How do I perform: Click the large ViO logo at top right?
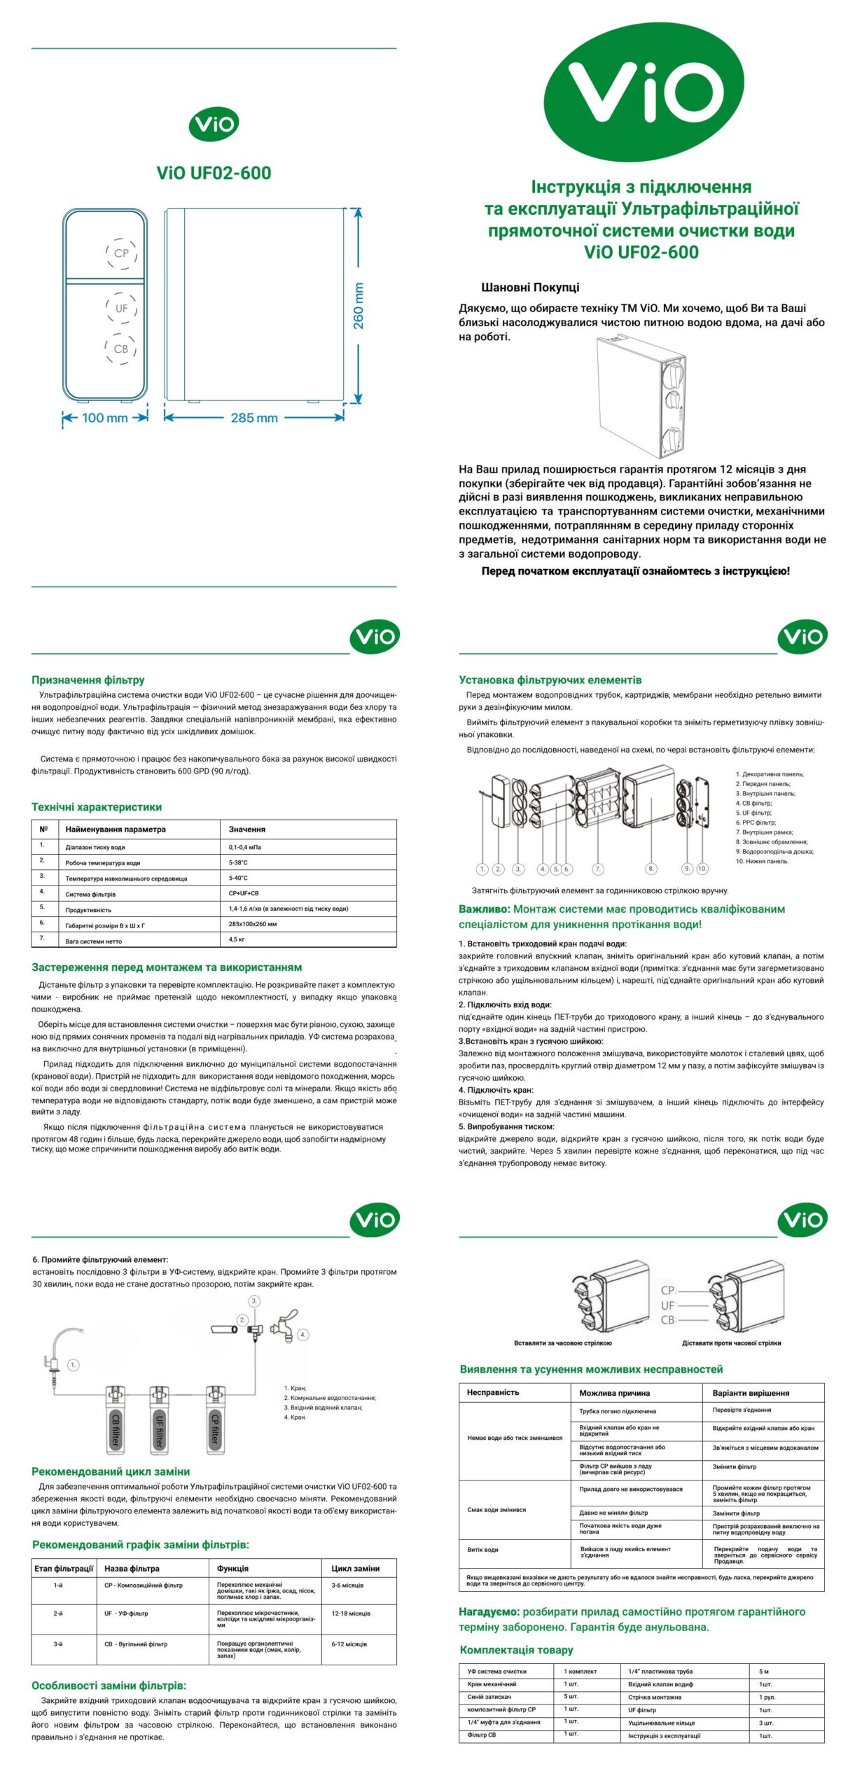pos(644,92)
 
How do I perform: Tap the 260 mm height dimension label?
pos(359,306)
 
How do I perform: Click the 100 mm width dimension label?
pos(105,418)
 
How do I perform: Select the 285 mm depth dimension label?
pos(254,418)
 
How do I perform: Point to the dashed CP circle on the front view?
pos(121,253)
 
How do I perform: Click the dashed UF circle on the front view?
pos(121,308)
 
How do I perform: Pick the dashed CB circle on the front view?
pos(120,349)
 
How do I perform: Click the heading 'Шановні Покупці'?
pos(530,287)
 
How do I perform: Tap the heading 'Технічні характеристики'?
pos(97,807)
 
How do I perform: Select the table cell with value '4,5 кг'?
pos(237,939)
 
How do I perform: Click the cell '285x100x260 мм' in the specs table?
pos(253,924)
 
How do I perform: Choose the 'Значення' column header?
pos(247,829)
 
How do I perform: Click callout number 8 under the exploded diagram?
pos(651,869)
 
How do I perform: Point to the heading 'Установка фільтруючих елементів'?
pos(550,680)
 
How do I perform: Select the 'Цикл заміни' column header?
pos(356,1569)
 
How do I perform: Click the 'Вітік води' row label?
pos(483,1550)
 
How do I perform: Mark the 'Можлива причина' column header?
pos(614,1393)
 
